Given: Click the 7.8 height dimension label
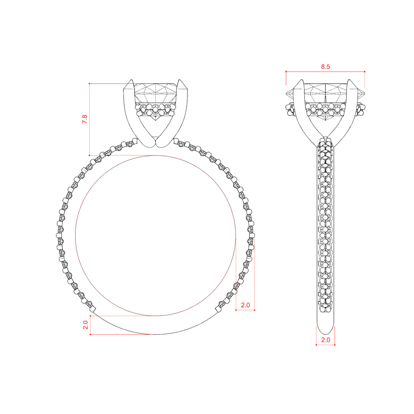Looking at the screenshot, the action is (x=84, y=119).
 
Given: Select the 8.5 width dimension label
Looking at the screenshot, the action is (x=325, y=67).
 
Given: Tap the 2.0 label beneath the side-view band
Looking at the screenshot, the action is (x=325, y=340).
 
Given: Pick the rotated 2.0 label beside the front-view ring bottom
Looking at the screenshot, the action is (x=85, y=325).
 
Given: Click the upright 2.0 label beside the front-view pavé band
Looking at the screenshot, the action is (x=245, y=305).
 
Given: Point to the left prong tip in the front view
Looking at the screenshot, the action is (x=131, y=80).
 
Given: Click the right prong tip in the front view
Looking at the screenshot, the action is (x=180, y=80).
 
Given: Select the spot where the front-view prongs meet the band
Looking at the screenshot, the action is (x=156, y=143).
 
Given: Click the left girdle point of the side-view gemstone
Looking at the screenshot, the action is (x=286, y=93).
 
